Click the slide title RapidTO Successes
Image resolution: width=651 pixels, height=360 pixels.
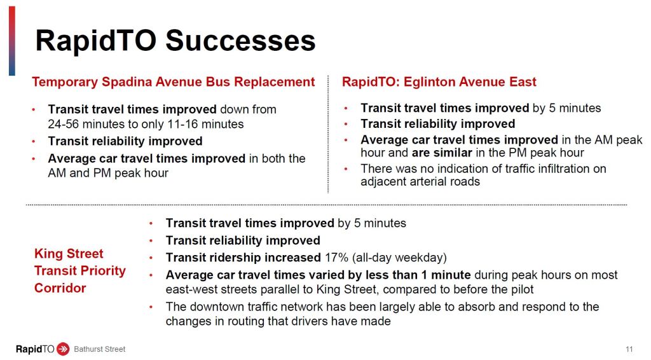tap(175, 41)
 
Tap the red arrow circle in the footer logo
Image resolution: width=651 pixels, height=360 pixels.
tap(63, 349)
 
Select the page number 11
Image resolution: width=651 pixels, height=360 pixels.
tap(629, 349)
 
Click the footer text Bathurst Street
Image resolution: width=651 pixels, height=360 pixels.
tap(100, 349)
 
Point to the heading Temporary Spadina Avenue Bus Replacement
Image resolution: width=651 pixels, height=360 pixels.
tap(173, 82)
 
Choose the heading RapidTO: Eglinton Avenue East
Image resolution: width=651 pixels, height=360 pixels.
tap(439, 82)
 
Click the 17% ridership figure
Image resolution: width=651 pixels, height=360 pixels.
tap(336, 258)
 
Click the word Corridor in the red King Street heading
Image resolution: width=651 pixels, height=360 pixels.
tap(60, 287)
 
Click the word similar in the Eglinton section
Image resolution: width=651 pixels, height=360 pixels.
tap(453, 153)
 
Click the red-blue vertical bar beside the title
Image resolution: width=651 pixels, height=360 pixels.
tap(12, 41)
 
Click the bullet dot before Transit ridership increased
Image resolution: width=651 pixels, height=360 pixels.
tap(151, 258)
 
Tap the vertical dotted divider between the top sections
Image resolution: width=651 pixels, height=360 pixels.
tap(328, 134)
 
